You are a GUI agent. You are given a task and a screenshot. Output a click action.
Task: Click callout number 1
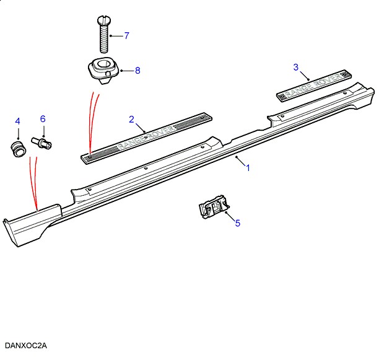click(x=248, y=168)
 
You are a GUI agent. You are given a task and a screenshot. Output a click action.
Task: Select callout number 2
click(x=131, y=118)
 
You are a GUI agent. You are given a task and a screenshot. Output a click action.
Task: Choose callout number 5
click(x=237, y=223)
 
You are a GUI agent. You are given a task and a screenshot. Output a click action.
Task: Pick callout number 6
click(x=43, y=118)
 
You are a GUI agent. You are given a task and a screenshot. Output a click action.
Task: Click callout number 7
click(x=126, y=36)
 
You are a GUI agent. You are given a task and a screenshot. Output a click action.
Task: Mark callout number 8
click(x=137, y=71)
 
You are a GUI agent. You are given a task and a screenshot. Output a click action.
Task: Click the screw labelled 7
click(x=103, y=37)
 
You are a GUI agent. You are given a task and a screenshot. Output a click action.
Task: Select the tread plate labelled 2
click(x=148, y=137)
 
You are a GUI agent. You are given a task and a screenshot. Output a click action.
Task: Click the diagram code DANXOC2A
click(x=26, y=345)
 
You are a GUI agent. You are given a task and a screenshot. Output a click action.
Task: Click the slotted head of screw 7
click(x=103, y=21)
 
